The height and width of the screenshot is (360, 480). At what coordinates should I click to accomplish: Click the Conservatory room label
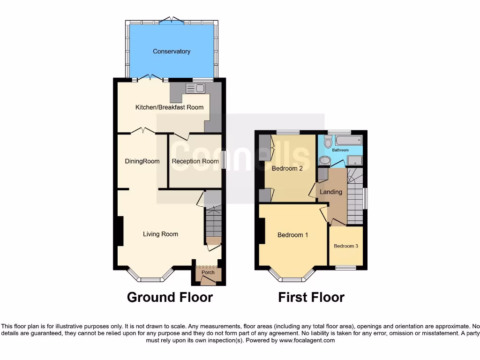(172, 52)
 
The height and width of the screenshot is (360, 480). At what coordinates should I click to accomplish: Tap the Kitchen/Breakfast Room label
(169, 107)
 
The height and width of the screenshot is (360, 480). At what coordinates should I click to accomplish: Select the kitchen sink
(195, 88)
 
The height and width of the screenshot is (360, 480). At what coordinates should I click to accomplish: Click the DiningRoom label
(142, 161)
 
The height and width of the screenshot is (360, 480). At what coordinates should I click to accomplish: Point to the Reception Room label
(195, 161)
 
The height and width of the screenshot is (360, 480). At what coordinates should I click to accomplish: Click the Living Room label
(160, 234)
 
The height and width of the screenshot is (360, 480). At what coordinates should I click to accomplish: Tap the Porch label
(208, 272)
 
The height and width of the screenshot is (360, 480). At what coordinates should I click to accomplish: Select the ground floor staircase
(214, 223)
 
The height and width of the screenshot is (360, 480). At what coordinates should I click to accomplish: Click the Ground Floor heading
(170, 297)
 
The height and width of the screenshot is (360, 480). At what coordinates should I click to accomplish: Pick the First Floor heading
(311, 297)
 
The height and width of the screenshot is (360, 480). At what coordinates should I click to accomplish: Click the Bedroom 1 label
(292, 235)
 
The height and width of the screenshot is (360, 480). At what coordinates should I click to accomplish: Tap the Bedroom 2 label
(287, 168)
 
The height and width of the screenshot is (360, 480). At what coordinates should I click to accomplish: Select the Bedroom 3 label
(346, 246)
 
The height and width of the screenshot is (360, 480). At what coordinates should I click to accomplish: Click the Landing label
(331, 192)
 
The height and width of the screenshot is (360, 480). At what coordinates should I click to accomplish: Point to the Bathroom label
(340, 150)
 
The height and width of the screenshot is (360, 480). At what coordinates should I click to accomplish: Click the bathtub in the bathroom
(349, 140)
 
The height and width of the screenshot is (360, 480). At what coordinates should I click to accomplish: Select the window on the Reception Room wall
(224, 160)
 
